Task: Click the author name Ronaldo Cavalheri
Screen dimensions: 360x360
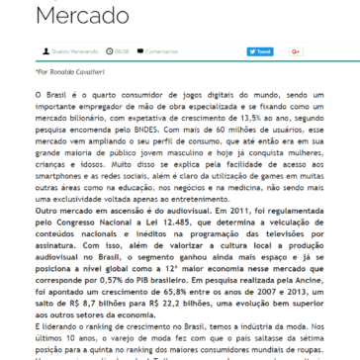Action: [55, 101]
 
